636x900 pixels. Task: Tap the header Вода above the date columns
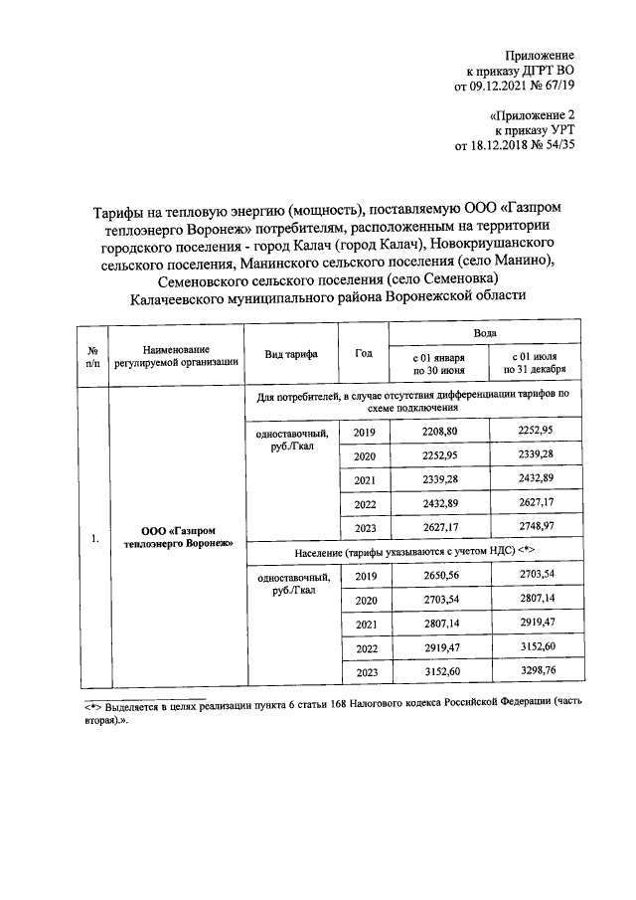(487, 335)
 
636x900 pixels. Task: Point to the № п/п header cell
(91, 355)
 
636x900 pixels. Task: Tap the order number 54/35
(556, 145)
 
